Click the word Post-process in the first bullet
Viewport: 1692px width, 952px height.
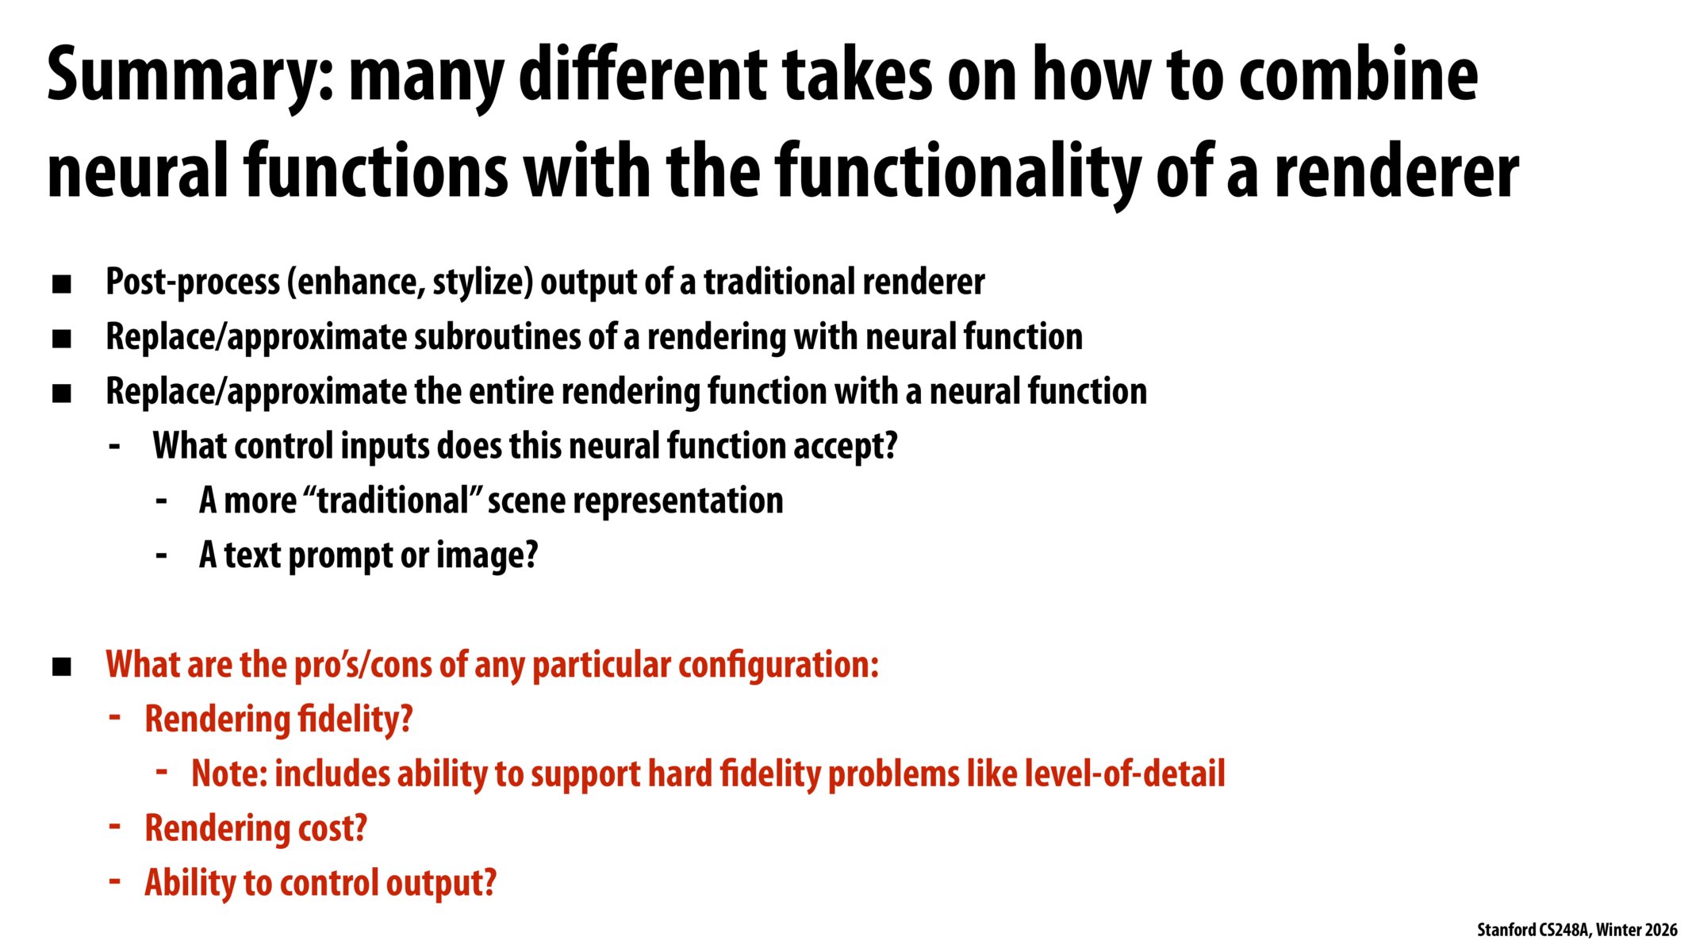193,282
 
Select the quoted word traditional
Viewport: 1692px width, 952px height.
394,501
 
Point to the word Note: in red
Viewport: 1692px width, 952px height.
229,773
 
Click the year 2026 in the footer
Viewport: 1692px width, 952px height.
1660,930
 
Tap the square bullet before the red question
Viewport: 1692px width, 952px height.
62,667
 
